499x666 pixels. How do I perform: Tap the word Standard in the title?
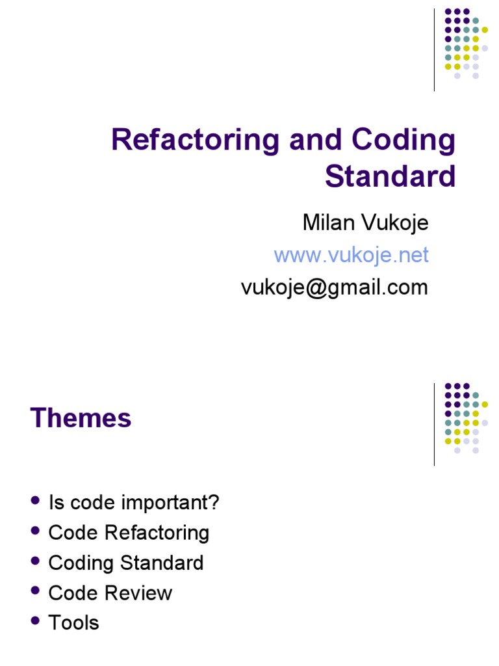390,176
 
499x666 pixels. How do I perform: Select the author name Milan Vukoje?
365,223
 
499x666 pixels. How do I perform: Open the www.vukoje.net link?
351,255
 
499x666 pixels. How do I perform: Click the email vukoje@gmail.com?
335,287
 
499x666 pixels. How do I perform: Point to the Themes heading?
81,418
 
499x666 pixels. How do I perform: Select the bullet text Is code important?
134,502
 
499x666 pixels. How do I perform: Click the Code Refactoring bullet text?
129,533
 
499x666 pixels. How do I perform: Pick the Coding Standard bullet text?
126,563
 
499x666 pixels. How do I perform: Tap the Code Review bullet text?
110,593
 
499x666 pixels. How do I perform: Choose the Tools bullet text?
74,622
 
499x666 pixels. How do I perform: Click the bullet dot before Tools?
35,621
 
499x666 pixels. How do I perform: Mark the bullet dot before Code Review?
35,591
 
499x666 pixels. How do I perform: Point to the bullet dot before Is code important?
35,501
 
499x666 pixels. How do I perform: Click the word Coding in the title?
404,140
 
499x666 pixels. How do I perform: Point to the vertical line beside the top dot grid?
434,49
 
